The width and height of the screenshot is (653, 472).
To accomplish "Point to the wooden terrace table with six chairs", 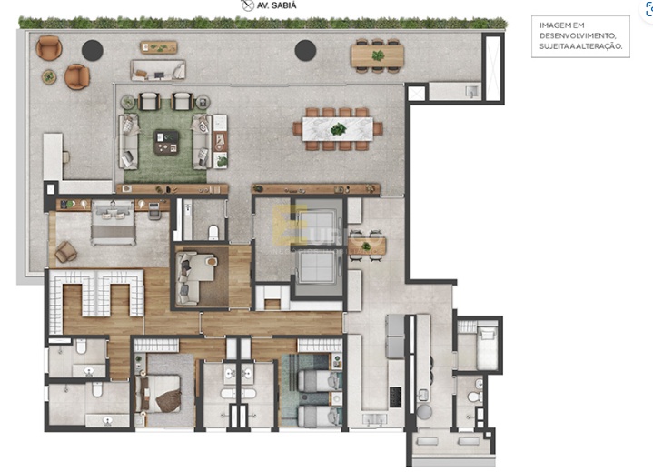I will [379, 55].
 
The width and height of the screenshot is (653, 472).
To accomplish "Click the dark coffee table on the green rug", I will [167, 142].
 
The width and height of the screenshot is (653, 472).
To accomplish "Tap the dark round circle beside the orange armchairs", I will [91, 50].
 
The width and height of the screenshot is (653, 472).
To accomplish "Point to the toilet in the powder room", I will [213, 234].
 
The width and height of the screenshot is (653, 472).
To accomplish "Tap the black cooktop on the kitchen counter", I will [396, 397].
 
